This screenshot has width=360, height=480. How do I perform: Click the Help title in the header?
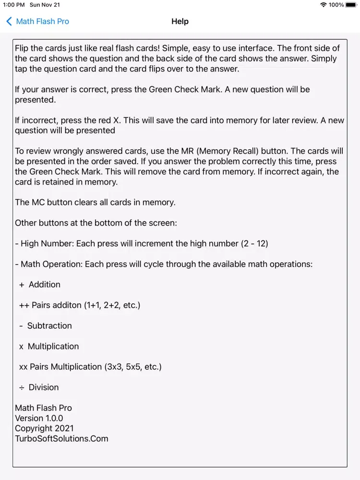[x=180, y=22]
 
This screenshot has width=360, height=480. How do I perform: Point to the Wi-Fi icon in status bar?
[x=324, y=5]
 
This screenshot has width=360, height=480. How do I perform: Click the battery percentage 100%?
[x=336, y=5]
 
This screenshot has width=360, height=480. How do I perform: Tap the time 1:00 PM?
[x=13, y=5]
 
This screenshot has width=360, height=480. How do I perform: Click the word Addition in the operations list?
[x=45, y=285]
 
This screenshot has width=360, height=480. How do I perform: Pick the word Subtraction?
[x=49, y=326]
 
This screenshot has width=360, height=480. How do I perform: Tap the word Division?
[x=44, y=387]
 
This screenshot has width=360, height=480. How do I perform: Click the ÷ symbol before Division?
[x=22, y=387]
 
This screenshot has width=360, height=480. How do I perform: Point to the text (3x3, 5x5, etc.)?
[x=133, y=367]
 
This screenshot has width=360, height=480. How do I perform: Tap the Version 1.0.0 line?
[x=39, y=418]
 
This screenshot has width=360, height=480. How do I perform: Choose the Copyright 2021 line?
[x=44, y=428]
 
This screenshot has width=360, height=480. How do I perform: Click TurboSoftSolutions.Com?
[x=61, y=439]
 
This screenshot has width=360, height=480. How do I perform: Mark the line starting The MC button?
[x=95, y=203]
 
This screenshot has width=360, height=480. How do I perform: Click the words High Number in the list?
[x=47, y=244]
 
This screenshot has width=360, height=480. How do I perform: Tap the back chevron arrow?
[x=9, y=22]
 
